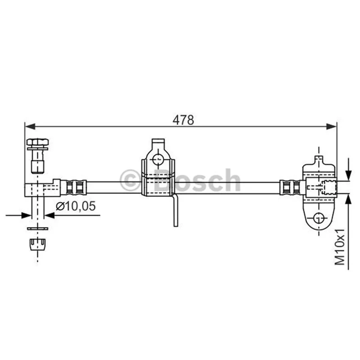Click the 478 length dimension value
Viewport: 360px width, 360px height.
[183, 120]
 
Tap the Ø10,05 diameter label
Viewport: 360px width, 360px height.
[76, 206]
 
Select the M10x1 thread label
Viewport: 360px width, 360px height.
[340, 247]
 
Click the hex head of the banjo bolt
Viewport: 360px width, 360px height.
[38, 142]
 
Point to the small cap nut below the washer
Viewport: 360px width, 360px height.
[38, 245]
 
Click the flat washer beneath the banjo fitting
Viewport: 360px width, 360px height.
[38, 229]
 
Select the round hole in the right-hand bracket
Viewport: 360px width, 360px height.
[319, 218]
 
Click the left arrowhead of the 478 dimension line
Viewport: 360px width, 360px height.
[30, 126]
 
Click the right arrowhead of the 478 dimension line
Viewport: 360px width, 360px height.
[332, 126]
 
